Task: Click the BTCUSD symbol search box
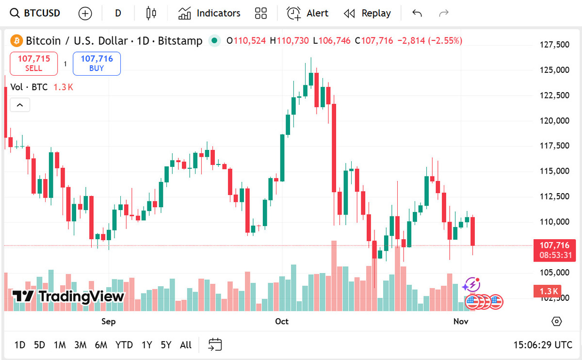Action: pos(36,13)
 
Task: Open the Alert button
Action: pos(307,13)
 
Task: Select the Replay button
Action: pos(367,13)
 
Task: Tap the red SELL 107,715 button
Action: pos(34,64)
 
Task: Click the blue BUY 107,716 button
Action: pos(97,64)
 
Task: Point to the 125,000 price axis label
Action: pos(554,70)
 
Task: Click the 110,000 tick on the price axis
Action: pos(554,222)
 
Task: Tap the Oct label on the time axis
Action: pos(282,322)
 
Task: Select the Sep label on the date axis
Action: pos(109,322)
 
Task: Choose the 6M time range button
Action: pos(101,345)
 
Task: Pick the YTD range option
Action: pos(124,345)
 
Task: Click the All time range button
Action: pos(186,345)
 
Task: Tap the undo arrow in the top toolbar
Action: pos(417,13)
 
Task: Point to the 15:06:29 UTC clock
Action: pos(543,345)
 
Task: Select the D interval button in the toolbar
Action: pos(118,13)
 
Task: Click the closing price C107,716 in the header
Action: pos(374,41)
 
